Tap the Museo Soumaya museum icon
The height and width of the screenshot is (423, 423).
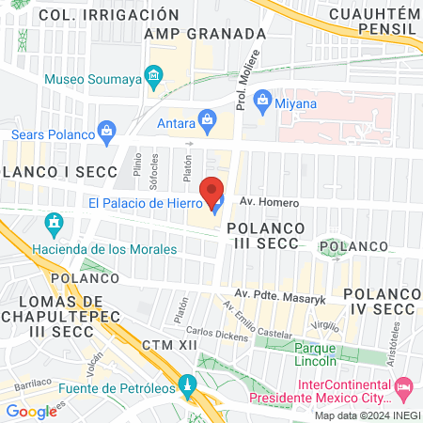152,75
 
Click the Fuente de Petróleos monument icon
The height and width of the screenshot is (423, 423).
188,385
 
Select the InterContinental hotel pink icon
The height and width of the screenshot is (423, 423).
404,386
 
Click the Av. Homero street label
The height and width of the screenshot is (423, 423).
269,203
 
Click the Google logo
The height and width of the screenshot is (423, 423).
31,411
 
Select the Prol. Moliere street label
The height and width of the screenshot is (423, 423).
249,81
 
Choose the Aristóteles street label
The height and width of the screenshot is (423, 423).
397,334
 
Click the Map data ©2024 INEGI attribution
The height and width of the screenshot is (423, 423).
367,415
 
